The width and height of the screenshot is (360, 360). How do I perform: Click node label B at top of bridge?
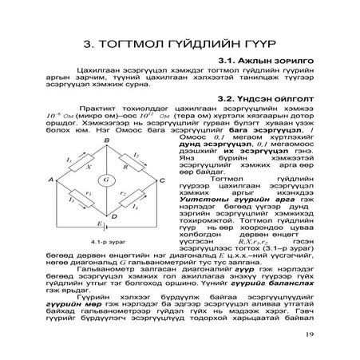(106, 140)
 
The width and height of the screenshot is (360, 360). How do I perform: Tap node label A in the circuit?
(50, 180)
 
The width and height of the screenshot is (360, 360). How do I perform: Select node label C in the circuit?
(163, 180)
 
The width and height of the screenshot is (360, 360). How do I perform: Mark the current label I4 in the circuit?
(144, 208)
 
